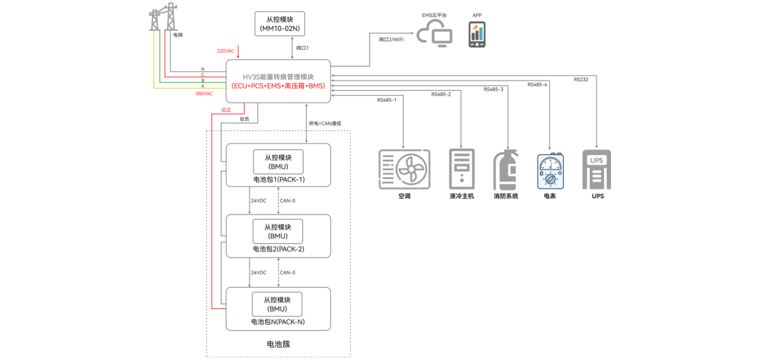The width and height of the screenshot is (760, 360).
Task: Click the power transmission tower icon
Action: coord(164,18)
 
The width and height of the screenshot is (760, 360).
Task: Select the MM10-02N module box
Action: coord(280,24)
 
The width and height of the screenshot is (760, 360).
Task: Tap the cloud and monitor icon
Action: coord(435,33)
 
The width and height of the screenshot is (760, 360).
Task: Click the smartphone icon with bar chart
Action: coord(477,35)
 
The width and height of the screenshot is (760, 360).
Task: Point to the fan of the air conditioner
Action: coord(413,169)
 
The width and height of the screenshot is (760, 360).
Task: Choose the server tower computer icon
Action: coord(462,169)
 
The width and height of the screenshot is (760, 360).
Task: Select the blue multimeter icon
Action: coord(550,171)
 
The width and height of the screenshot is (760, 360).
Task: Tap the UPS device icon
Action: coord(596,169)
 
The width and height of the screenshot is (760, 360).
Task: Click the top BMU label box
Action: coord(278,161)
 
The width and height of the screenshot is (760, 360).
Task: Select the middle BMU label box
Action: coord(278,231)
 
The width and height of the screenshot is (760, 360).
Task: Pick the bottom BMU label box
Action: coord(277,304)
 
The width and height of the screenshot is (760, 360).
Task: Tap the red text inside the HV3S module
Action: coord(278,86)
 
